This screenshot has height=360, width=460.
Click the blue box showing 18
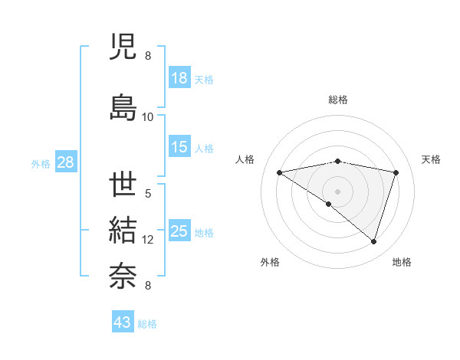[179, 78]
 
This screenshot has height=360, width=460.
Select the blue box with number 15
[179, 147]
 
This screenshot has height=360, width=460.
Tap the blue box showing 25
[179, 231]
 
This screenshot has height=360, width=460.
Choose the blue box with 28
[65, 162]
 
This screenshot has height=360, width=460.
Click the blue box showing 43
[123, 322]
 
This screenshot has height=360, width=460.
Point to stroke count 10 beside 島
[148, 116]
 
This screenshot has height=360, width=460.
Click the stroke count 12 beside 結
[148, 240]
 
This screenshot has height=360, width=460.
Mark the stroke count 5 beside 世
[148, 194]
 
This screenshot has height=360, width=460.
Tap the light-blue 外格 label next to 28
[41, 163]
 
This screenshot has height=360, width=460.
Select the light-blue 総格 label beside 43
[147, 323]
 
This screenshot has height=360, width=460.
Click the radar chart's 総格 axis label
[337, 100]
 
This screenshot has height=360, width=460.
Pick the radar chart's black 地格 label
[402, 262]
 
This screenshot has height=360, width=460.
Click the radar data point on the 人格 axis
[280, 172]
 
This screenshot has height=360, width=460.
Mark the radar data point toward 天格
[396, 172]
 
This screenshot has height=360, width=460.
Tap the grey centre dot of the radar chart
[337, 191]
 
